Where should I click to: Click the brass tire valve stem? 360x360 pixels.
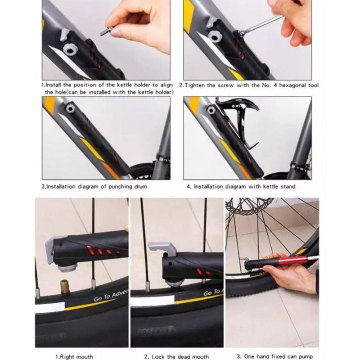tap(65, 287)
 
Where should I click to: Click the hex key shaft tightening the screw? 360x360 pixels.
tap(262, 24)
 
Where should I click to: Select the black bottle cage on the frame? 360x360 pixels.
tap(238, 124)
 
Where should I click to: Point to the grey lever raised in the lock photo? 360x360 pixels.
tap(162, 249)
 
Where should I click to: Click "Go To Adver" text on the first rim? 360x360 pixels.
tap(111, 296)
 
